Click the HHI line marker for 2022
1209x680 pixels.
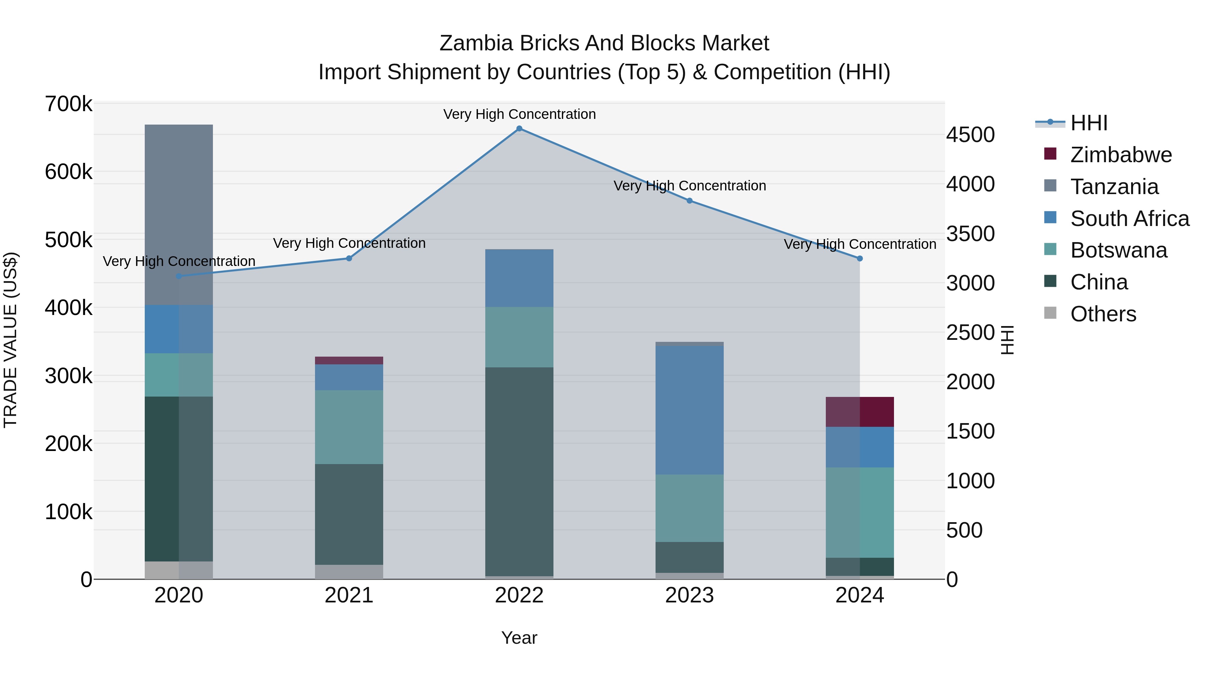[x=519, y=129]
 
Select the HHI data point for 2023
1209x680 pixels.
[x=689, y=201]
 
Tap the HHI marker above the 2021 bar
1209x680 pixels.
[x=349, y=259]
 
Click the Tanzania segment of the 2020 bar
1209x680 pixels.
[x=179, y=215]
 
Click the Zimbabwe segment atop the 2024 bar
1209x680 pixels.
[x=860, y=412]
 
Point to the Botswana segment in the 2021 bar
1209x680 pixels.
[x=349, y=427]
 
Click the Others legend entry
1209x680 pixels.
[x=1103, y=314]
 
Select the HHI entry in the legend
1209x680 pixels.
[x=1089, y=123]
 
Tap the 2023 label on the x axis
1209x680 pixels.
[x=689, y=595]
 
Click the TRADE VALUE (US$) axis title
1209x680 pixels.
[x=10, y=340]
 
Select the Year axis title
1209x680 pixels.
[x=519, y=638]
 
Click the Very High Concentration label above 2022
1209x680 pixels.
[x=519, y=114]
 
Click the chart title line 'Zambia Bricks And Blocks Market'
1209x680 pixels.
[x=604, y=43]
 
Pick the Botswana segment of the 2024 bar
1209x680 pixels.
[x=860, y=512]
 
